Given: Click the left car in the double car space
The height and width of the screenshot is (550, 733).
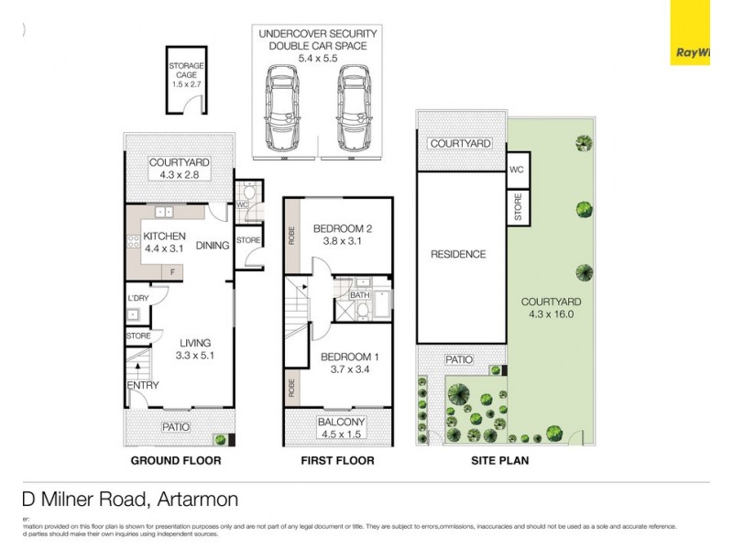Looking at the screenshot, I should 283,109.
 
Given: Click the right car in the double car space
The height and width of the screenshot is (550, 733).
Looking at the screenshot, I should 352,109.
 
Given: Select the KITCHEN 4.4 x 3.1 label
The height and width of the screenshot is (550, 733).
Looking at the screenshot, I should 164,241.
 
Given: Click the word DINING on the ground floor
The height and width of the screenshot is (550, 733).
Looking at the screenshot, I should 213,245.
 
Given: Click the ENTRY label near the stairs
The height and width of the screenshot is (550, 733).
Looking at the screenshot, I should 143,385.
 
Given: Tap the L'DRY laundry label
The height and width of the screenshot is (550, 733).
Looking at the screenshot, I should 137,298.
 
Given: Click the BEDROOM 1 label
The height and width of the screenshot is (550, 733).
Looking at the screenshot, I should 345,363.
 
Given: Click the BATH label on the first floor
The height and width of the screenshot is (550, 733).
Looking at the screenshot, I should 359,295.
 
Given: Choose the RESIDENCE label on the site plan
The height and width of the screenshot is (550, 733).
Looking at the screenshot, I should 458,254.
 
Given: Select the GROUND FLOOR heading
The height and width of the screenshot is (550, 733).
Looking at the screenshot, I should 175,460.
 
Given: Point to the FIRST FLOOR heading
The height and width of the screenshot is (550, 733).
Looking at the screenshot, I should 337,460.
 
